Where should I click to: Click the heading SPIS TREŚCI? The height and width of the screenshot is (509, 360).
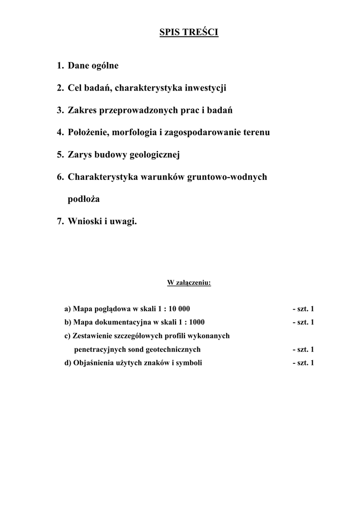(188, 33)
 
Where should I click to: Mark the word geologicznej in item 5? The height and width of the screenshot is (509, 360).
(154, 155)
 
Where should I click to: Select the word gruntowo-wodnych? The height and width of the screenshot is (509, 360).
(227, 177)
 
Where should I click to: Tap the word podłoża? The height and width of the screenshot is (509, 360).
(84, 199)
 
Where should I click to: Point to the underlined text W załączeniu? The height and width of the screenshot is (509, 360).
(189, 283)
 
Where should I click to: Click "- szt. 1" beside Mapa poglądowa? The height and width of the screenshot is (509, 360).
(303, 309)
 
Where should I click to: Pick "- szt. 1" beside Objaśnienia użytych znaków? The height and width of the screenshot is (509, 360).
(303, 362)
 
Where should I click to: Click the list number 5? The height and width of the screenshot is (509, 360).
(60, 155)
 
